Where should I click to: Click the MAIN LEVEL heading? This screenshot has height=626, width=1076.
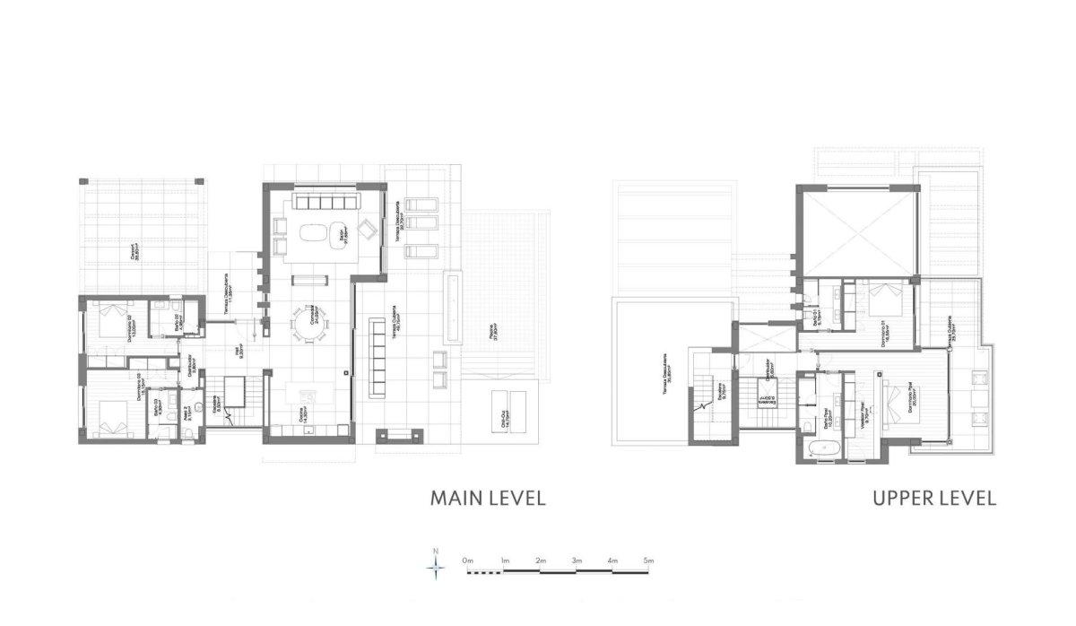pos(488,498)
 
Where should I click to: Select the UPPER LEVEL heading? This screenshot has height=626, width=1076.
pos(933,498)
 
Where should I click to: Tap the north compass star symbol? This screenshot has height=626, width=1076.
pos(436,566)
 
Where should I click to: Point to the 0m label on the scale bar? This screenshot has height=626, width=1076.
pos(467,560)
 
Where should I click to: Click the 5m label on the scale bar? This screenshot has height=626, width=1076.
pos(648,560)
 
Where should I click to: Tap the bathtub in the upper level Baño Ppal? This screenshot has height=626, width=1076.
pos(822,448)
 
